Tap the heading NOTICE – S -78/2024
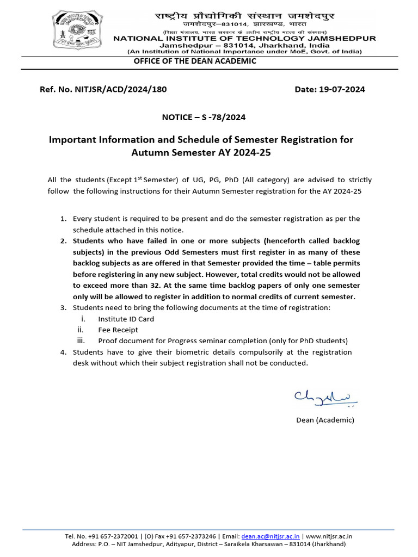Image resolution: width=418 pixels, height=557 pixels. tap(200, 116)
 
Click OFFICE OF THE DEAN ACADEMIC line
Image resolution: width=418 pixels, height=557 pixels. tap(195, 61)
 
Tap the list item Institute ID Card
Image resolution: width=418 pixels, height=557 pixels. tap(126, 319)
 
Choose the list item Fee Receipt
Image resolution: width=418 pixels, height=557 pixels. tap(118, 330)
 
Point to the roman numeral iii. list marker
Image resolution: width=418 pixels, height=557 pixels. tap(81, 341)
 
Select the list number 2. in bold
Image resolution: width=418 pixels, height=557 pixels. tap(63, 240)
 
